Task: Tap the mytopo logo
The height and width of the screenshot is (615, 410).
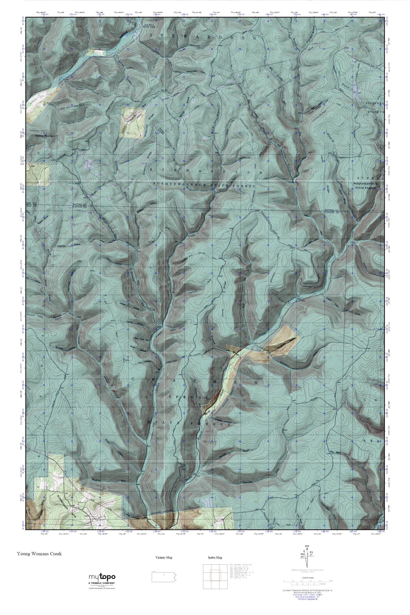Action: pos(102,577)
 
